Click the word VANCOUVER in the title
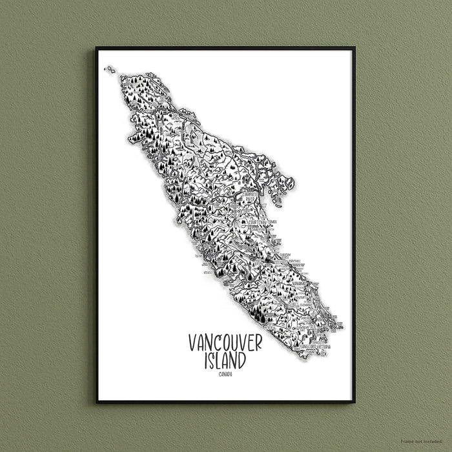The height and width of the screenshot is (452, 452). pyautogui.click(x=225, y=343)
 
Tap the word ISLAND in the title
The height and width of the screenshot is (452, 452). pyautogui.click(x=225, y=361)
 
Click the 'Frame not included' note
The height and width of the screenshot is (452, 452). pyautogui.click(x=424, y=442)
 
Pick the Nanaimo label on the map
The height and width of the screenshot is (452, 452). pyautogui.click(x=298, y=283)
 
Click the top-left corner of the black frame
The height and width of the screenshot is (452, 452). pyautogui.click(x=97, y=48)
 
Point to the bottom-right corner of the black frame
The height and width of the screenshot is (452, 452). pyautogui.click(x=354, y=402)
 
